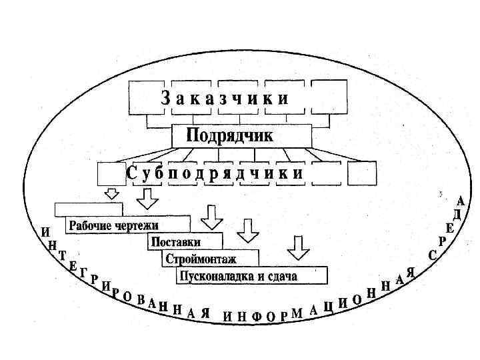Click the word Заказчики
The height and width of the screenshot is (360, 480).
[x=225, y=99]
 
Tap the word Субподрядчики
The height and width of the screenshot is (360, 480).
[x=215, y=173]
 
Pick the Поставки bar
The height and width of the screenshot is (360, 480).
[x=185, y=242]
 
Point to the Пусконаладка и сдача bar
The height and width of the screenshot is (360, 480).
[x=252, y=275]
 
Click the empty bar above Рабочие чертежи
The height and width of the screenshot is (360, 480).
[x=89, y=208]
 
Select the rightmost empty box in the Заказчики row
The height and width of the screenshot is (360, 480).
[x=329, y=97]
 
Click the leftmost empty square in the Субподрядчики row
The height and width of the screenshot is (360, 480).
[x=111, y=173]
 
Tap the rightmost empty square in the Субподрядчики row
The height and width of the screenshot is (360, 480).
[x=362, y=173]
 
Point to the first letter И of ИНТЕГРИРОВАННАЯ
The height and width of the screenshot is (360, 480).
[x=45, y=233]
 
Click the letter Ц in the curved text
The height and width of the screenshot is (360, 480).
[x=329, y=306]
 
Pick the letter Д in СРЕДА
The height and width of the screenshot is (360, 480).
[x=457, y=214]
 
